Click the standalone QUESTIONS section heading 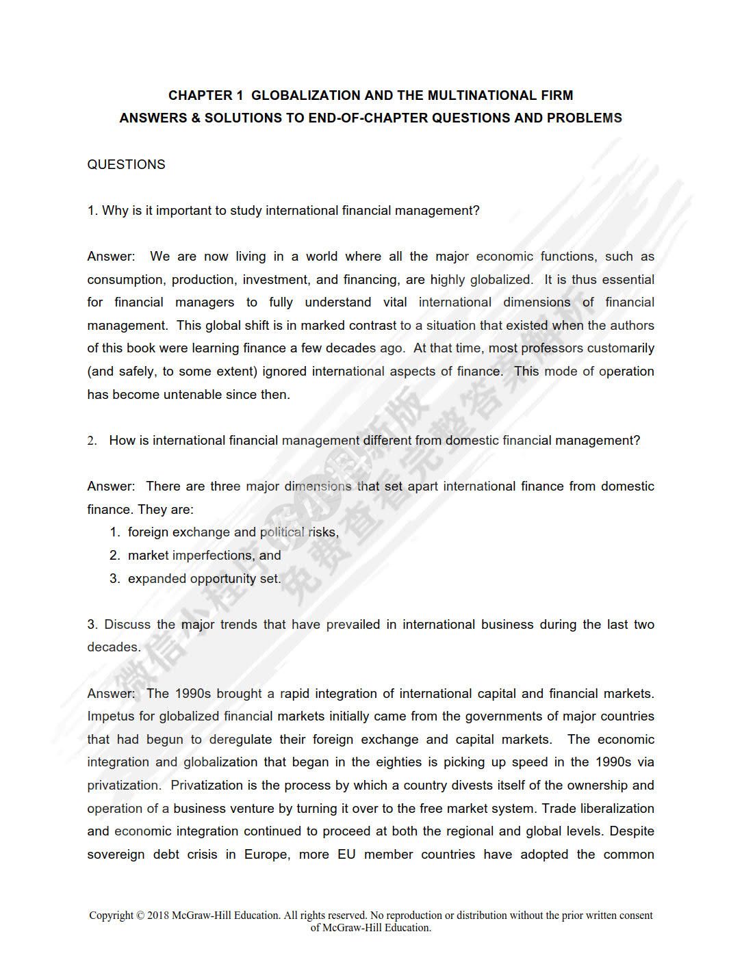click(x=126, y=164)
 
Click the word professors click(x=552, y=348)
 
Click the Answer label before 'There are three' click(x=110, y=487)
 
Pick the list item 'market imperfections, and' click(x=204, y=556)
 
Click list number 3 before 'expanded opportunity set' click(x=114, y=579)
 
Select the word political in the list click(x=282, y=532)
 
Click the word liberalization click(x=611, y=809)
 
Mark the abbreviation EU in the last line click(x=346, y=855)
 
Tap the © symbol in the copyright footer click(x=140, y=916)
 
